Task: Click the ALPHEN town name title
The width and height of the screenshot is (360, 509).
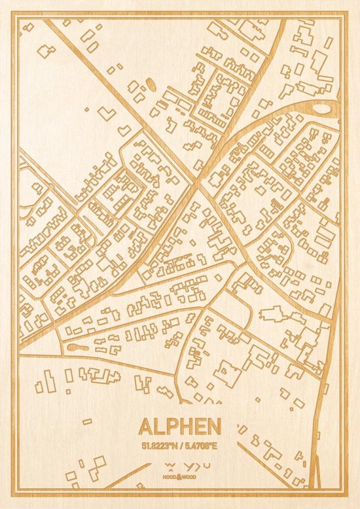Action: click(x=180, y=426)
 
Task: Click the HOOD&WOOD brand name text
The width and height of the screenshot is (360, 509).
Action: click(x=180, y=477)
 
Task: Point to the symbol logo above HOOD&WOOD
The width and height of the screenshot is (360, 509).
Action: click(x=180, y=466)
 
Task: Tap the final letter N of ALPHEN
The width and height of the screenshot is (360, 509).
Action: click(x=213, y=426)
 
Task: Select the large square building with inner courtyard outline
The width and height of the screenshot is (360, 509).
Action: click(x=226, y=374)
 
